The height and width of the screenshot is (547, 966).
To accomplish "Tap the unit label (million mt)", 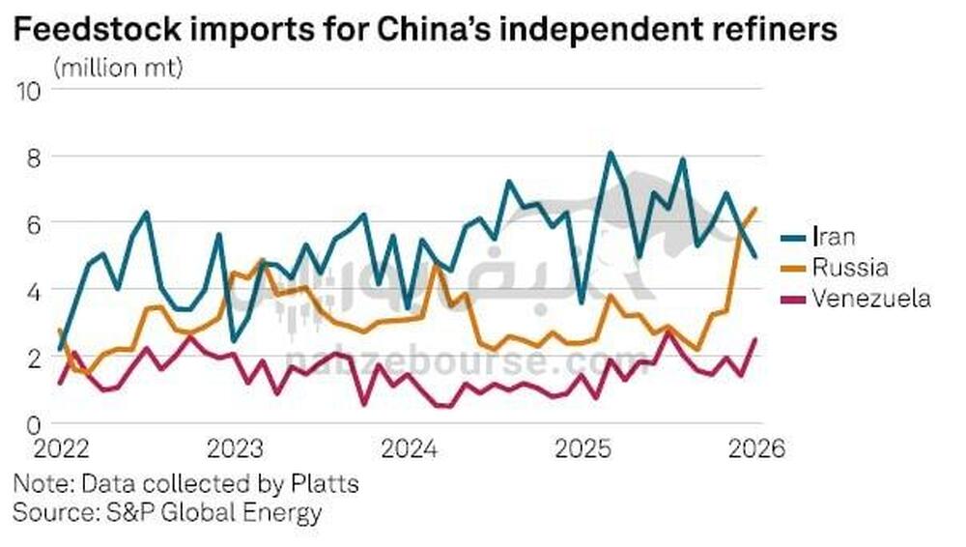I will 119,69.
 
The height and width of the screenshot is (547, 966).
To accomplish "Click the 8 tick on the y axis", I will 34,157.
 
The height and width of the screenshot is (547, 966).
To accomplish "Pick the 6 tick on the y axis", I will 34,223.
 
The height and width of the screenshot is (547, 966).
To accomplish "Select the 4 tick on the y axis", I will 34,291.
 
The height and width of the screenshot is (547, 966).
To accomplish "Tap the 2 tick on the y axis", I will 34,357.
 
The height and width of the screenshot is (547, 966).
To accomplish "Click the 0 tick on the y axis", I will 34,424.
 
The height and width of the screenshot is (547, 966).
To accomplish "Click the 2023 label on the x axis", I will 235,450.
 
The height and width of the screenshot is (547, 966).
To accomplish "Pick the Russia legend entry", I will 849,268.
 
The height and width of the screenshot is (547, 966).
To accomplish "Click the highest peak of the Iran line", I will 611,153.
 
